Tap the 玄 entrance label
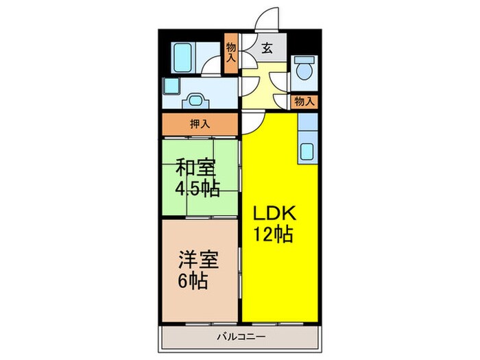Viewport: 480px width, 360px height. (x=266, y=49)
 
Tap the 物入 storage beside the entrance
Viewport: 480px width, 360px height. (x=231, y=52)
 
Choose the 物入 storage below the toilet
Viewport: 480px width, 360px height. (x=304, y=101)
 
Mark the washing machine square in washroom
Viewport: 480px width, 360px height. (x=171, y=86)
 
